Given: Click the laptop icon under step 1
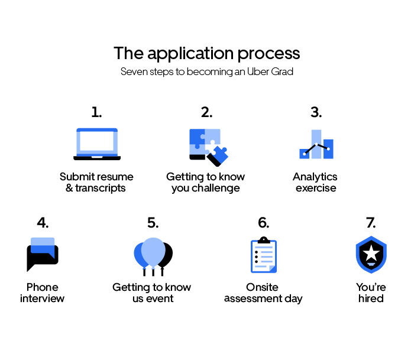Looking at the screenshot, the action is [97, 144].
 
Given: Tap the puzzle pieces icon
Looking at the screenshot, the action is [209, 148].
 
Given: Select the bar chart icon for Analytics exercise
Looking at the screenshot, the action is [316, 144].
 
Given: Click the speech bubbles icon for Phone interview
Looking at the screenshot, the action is [43, 254].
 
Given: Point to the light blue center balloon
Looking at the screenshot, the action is [153, 252].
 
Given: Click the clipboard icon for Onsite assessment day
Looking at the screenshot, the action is [264, 255].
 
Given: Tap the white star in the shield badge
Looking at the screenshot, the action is [371, 252].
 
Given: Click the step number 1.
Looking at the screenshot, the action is [96, 112].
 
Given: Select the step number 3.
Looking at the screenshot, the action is [316, 112].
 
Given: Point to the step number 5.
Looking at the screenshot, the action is [153, 222].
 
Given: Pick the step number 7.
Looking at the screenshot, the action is [371, 222].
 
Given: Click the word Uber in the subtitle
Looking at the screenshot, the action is [258, 72].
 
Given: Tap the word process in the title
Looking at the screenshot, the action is [269, 54].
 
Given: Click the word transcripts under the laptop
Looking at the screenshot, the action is [101, 188].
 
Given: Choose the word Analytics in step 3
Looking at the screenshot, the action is [315, 177].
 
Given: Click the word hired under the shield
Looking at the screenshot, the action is [371, 299].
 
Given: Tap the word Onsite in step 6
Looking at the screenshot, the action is [262, 287].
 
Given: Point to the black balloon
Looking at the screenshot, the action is [166, 255].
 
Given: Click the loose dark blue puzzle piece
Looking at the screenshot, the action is [218, 156].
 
